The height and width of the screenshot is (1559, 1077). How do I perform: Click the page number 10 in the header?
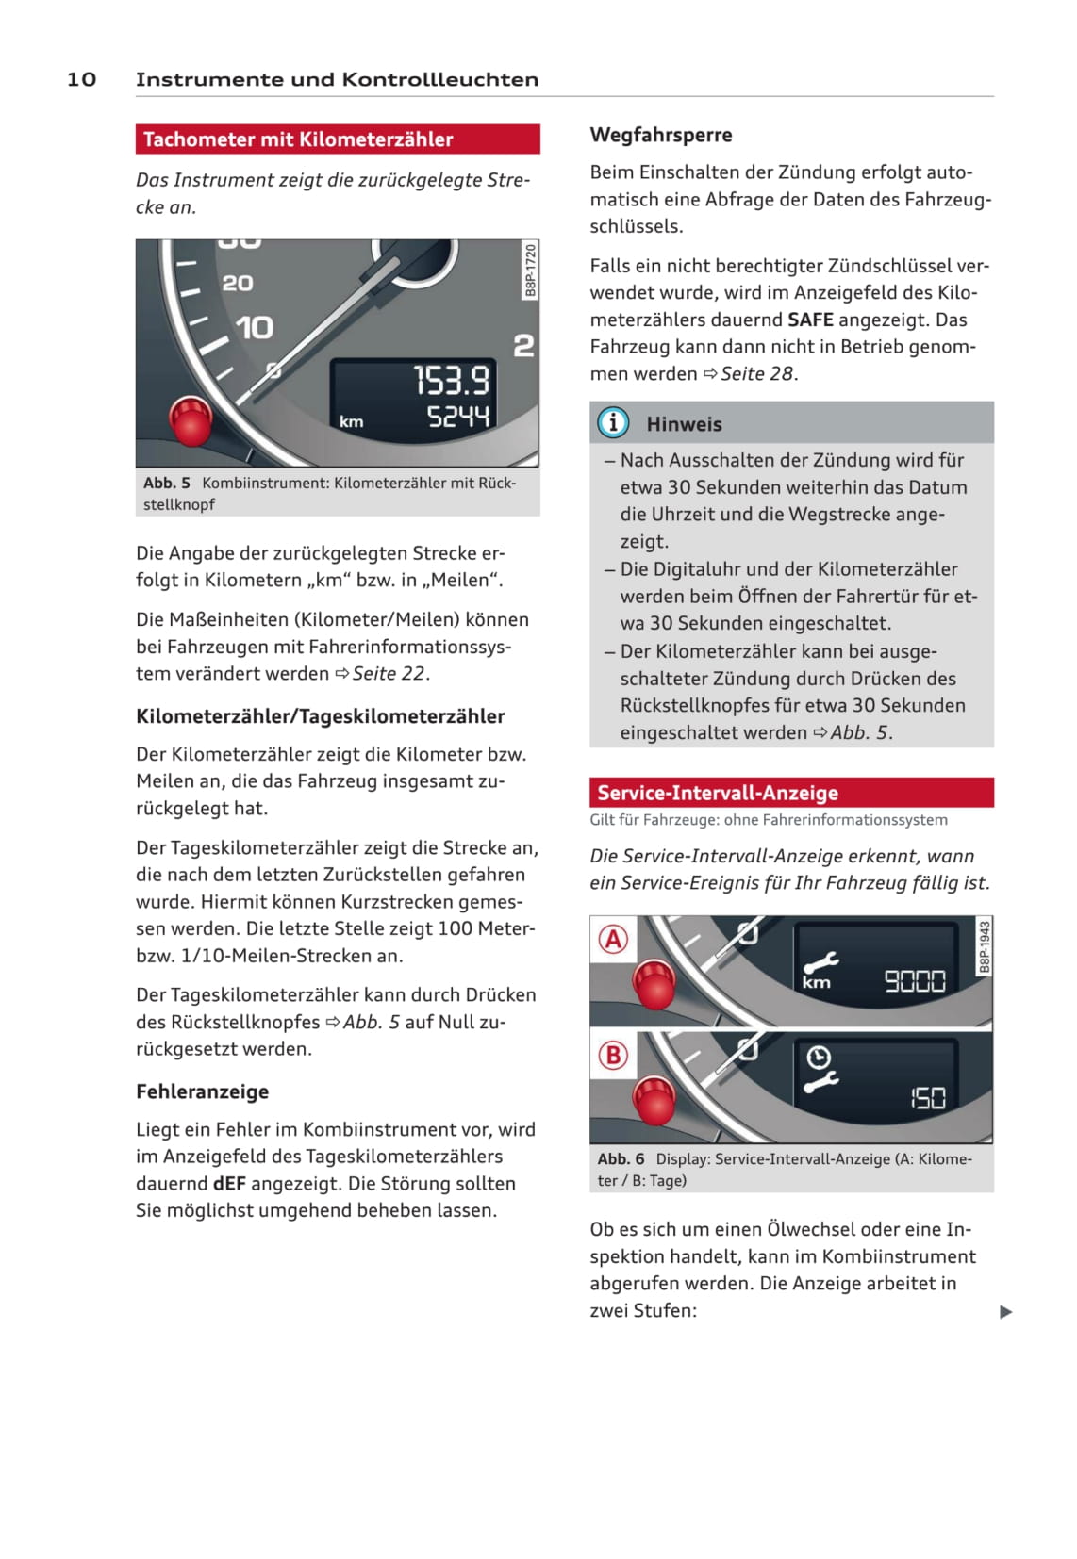(81, 79)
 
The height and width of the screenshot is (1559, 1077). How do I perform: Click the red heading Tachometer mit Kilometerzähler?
(298, 139)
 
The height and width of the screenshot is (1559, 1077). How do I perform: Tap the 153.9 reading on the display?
(452, 381)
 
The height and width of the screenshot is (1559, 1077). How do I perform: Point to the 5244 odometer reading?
(458, 417)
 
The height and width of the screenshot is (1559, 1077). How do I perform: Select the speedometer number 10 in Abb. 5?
(254, 328)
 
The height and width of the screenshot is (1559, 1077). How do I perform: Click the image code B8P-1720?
(530, 270)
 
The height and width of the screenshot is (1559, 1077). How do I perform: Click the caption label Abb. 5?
(167, 483)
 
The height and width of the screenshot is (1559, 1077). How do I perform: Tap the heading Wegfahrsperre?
(660, 135)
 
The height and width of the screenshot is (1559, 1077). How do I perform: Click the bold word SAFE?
(810, 320)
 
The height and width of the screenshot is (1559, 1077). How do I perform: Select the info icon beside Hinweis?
(613, 423)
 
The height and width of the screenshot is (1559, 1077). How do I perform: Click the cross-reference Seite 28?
(757, 373)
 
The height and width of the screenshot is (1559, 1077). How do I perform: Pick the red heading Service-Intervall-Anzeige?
(717, 793)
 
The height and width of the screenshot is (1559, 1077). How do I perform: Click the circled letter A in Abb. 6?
(613, 939)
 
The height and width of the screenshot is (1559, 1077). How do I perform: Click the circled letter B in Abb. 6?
(613, 1055)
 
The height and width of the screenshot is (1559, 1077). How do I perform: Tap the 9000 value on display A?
(914, 982)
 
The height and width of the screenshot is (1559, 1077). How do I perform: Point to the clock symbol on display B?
(818, 1057)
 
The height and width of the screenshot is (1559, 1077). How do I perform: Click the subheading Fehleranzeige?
(202, 1091)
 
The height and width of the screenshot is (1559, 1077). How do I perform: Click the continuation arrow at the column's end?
(1005, 1311)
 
